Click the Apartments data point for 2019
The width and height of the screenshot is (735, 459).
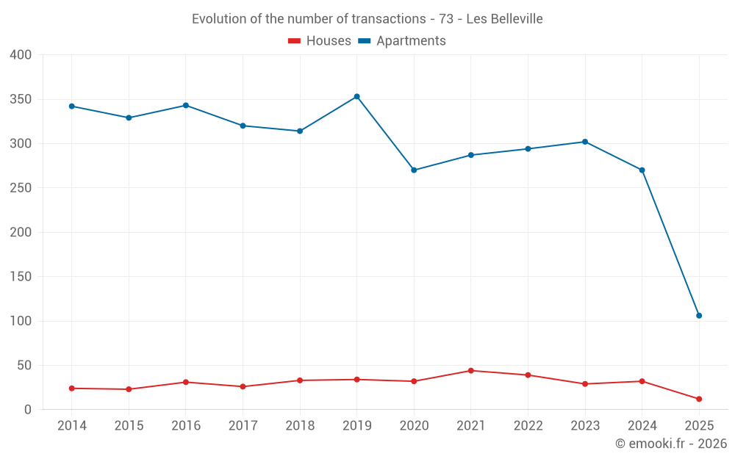[357, 96]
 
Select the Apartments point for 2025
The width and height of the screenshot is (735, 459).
[699, 316]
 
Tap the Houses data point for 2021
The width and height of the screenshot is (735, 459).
[471, 371]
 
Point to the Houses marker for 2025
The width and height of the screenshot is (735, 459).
[699, 399]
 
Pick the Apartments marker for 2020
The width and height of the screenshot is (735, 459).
[414, 170]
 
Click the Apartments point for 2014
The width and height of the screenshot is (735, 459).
[72, 106]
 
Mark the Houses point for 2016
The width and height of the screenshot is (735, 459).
[186, 382]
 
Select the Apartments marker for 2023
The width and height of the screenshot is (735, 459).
[585, 142]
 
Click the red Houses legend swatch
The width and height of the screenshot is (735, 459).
[294, 41]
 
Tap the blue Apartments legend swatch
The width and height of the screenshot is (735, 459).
[364, 41]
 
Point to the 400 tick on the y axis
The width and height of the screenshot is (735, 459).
[21, 55]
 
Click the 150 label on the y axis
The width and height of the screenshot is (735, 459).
[21, 277]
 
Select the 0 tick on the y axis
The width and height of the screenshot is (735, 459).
[28, 410]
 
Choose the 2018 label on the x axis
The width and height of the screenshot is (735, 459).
[300, 426]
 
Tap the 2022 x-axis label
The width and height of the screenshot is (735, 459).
[528, 426]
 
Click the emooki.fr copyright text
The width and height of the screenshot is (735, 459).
[670, 444]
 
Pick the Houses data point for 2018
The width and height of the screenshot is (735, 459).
[300, 380]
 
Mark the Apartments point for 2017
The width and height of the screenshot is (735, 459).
[243, 126]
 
